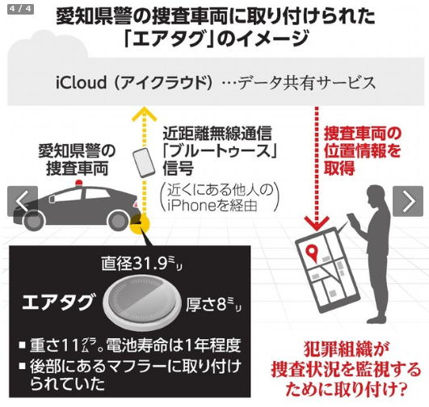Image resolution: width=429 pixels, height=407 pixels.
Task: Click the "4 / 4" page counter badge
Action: pyautogui.click(x=20, y=9)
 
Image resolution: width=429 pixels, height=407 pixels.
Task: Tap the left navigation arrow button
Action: pyautogui.click(x=23, y=201)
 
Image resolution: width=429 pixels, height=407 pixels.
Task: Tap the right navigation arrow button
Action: pyautogui.click(x=408, y=201)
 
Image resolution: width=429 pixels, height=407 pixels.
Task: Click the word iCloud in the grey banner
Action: pyautogui.click(x=81, y=83)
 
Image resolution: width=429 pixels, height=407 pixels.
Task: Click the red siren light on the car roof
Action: pyautogui.click(x=79, y=183)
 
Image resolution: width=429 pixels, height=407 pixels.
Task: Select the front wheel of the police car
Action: pyautogui.click(x=34, y=220)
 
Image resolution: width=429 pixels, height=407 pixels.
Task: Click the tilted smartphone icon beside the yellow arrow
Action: pyautogui.click(x=144, y=163)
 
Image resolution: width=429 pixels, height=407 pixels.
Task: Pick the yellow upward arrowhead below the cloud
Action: pyautogui.click(x=144, y=114)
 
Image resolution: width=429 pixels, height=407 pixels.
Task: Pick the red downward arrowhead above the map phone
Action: pyautogui.click(x=317, y=222)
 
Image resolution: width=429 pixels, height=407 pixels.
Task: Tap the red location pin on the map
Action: pyautogui.click(x=312, y=252)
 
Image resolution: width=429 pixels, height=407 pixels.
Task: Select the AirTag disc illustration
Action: pyautogui.click(x=142, y=301)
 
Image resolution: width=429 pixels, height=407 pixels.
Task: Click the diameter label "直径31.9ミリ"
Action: pyautogui.click(x=141, y=264)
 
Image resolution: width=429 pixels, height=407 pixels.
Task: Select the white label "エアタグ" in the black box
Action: pyautogui.click(x=58, y=302)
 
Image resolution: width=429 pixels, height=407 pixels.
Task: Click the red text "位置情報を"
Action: pyautogui.click(x=362, y=151)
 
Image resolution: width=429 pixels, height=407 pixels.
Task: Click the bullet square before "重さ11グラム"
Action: pyautogui.click(x=23, y=345)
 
